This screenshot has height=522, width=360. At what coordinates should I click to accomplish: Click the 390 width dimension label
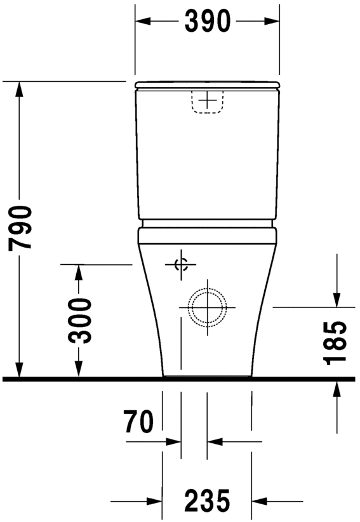[x=207, y=22]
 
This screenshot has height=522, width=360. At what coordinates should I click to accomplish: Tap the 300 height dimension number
[x=81, y=320]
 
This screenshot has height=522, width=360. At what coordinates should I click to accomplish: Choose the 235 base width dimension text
[x=207, y=501]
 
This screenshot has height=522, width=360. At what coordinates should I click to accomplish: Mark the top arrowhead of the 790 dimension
[x=20, y=91]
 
